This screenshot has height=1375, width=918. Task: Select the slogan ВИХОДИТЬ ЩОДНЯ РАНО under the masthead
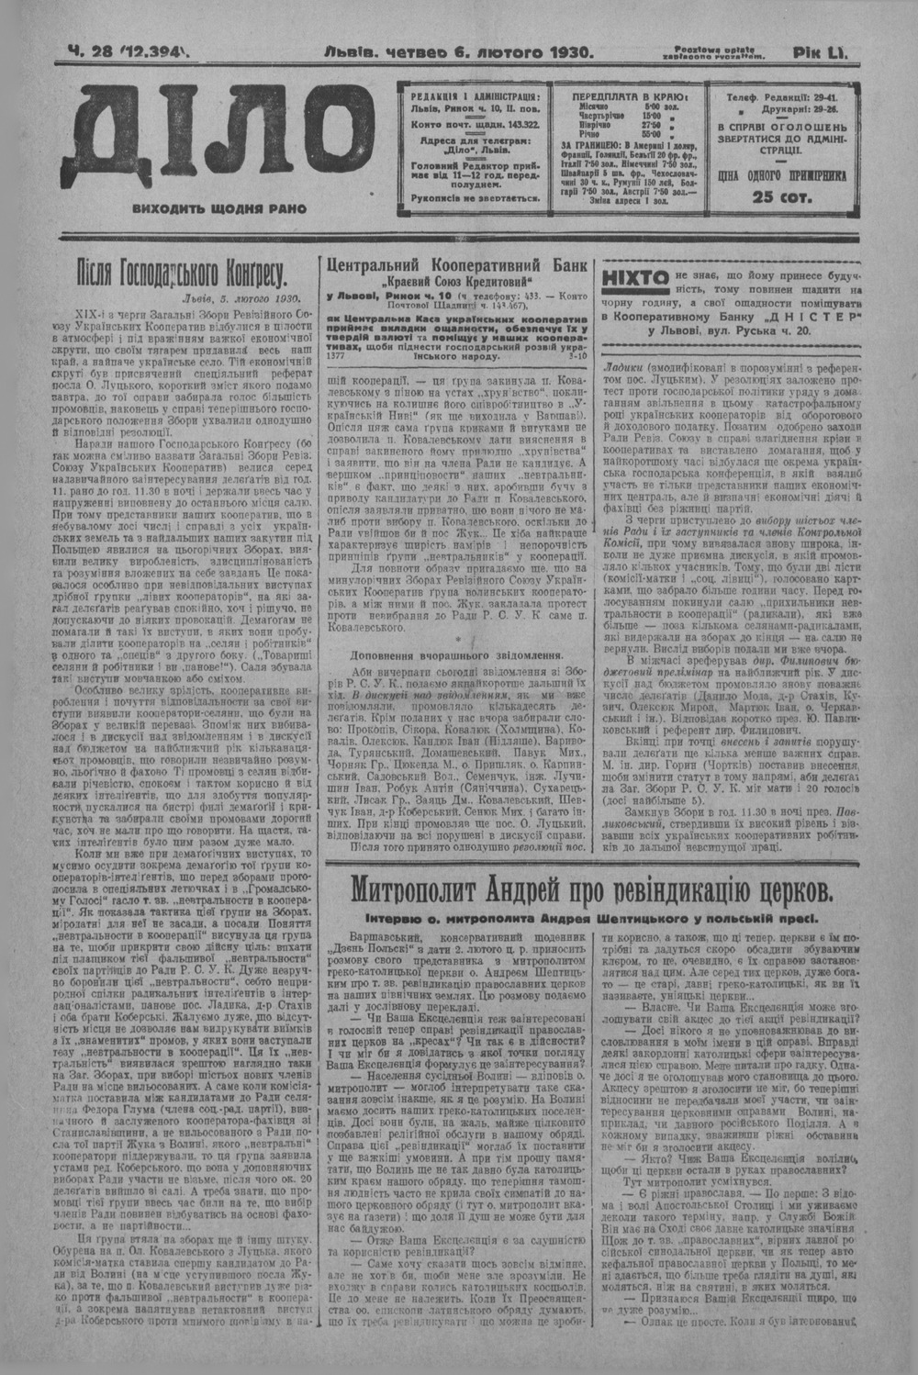coord(219,209)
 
